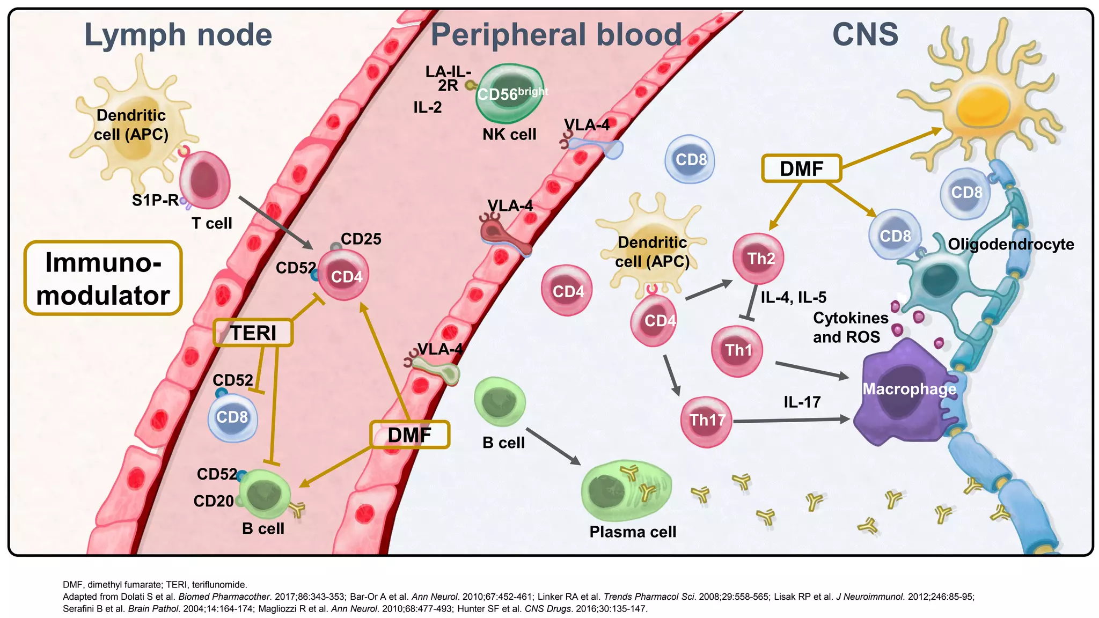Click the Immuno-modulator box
coord(103,278)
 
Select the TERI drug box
coord(253,333)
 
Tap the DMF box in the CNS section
coord(801,168)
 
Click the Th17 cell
coord(706,421)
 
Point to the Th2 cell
coord(758,259)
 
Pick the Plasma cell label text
coord(633,532)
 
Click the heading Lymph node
coord(178,35)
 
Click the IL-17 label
coord(802,402)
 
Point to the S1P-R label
coord(155,201)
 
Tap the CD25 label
coord(361,239)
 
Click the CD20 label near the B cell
coord(213,501)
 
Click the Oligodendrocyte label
coord(1010,244)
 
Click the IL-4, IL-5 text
coord(793,297)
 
